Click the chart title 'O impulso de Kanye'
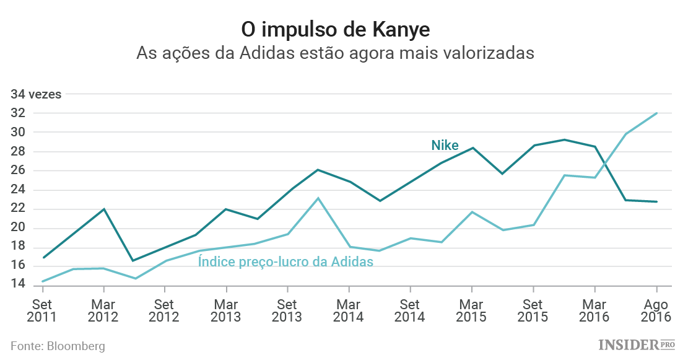tap(344, 29)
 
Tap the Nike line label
tap(445, 146)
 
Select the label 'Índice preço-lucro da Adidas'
tap(285, 261)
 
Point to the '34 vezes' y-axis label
tap(36, 95)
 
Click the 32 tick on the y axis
tap(17, 113)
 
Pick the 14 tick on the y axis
tap(17, 285)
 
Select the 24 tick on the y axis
tap(17, 190)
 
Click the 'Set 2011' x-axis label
tap(41, 310)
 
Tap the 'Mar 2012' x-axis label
tap(103, 310)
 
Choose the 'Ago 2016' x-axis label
tap(656, 310)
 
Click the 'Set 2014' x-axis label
tap(411, 310)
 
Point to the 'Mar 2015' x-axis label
tap(472, 310)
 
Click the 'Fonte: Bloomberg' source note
tap(58, 346)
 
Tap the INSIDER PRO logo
tap(637, 345)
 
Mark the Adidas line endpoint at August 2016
tap(656, 113)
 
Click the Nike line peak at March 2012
tap(103, 209)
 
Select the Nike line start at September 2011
tap(42, 257)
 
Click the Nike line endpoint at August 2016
tap(656, 201)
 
